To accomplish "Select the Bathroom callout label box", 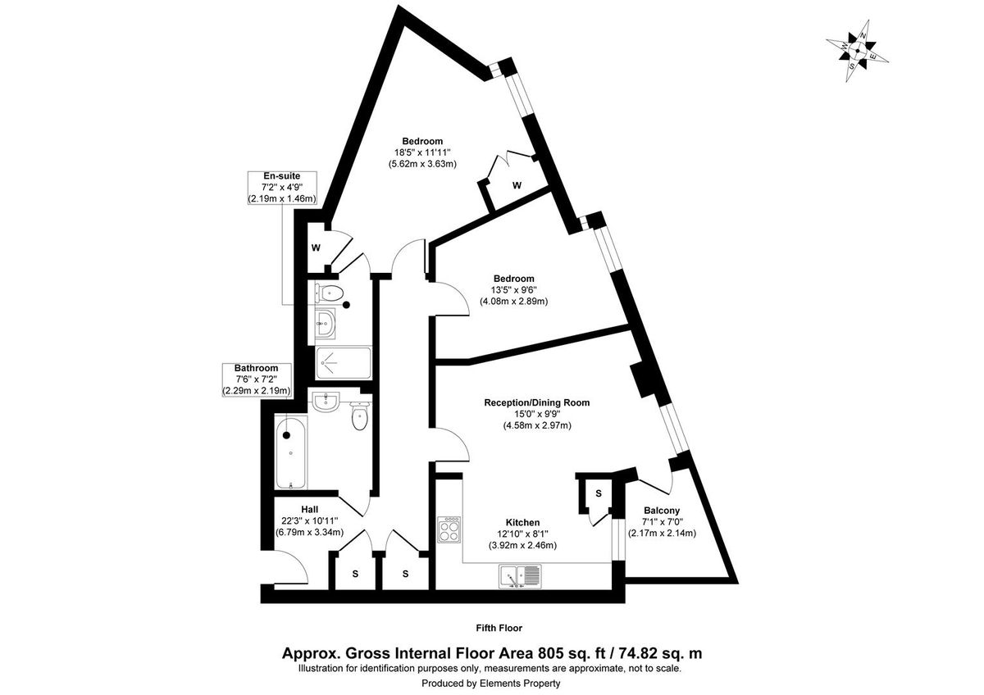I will pos(256,380).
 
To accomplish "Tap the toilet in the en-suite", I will pos(331,293).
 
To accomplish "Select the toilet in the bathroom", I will pos(359,416).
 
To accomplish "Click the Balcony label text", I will pos(662,511).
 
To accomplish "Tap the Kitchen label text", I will pos(522,523).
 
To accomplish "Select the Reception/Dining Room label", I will pos(536,402).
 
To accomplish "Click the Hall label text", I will pos(309,509).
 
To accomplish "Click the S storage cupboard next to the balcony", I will pos(599,493).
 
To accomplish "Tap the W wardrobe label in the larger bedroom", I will pos(517,185).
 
